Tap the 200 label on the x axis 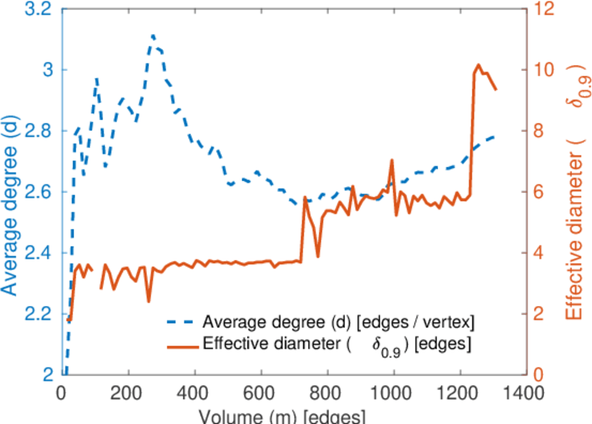coord(129,391)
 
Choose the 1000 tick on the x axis coord(393,391)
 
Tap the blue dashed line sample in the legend coord(182,322)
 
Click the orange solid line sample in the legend coord(182,346)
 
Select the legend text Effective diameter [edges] coord(338,346)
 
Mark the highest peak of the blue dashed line coord(153,34)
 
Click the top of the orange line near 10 coord(478,65)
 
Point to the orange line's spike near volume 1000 coord(391,160)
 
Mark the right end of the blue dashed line coord(495,136)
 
